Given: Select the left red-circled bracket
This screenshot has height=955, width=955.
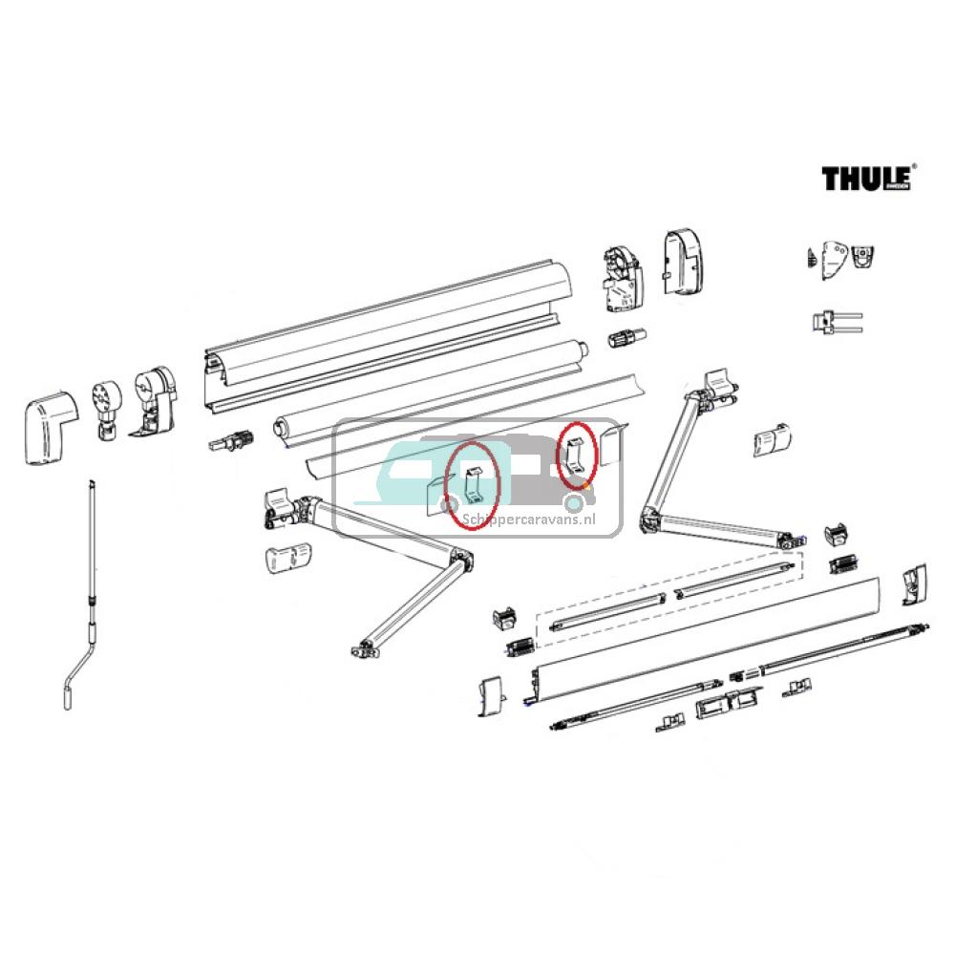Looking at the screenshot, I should [474, 484].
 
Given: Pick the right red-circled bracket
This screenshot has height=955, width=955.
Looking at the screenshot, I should [577, 455].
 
